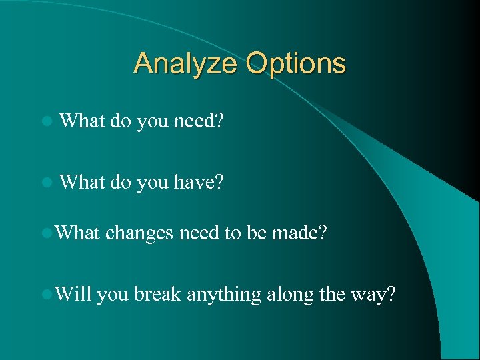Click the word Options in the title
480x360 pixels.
click(295, 65)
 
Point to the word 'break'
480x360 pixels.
click(157, 293)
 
